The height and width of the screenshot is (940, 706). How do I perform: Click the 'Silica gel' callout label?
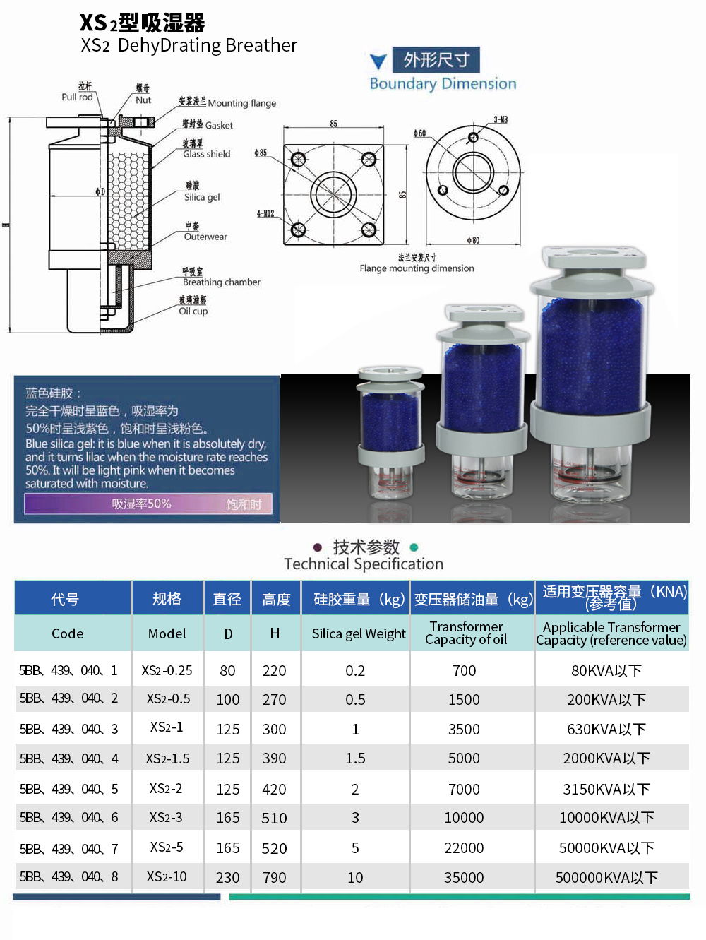(202, 197)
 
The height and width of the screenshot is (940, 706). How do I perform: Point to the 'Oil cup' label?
(193, 311)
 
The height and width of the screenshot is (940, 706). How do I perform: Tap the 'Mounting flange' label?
(241, 103)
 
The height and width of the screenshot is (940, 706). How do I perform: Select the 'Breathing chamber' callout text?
(221, 282)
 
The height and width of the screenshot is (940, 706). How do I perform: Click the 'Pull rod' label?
(77, 97)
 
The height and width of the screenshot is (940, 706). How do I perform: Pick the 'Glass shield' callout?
(206, 154)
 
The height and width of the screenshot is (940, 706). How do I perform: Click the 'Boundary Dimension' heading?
(443, 83)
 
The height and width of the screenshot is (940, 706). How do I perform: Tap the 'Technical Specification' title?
(364, 564)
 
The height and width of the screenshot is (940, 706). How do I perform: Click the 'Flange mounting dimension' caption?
(417, 268)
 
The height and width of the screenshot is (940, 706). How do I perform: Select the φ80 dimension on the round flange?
(473, 240)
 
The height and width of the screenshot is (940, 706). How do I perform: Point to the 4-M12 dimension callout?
(265, 213)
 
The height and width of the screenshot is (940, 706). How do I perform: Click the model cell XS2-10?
(167, 876)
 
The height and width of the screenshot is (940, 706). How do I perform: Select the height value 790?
(274, 877)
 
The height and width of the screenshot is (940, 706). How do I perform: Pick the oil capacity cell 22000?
(464, 847)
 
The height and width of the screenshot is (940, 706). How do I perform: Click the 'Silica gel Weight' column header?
(359, 633)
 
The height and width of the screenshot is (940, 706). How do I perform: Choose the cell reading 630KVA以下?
(606, 729)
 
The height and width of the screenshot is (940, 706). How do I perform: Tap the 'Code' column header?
(67, 633)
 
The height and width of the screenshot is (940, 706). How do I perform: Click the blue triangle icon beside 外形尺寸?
(378, 61)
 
